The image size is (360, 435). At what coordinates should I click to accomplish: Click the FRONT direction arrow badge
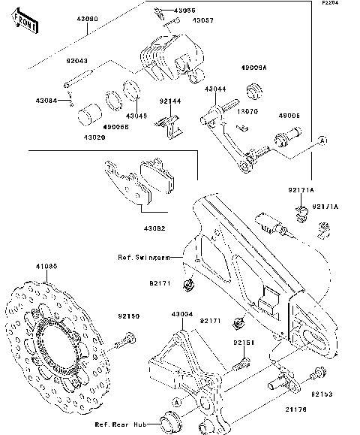23,27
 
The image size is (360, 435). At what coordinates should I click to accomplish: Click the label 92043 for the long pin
76,61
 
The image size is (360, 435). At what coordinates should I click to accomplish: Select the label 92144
169,100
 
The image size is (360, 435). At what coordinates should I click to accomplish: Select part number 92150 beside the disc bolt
128,317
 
